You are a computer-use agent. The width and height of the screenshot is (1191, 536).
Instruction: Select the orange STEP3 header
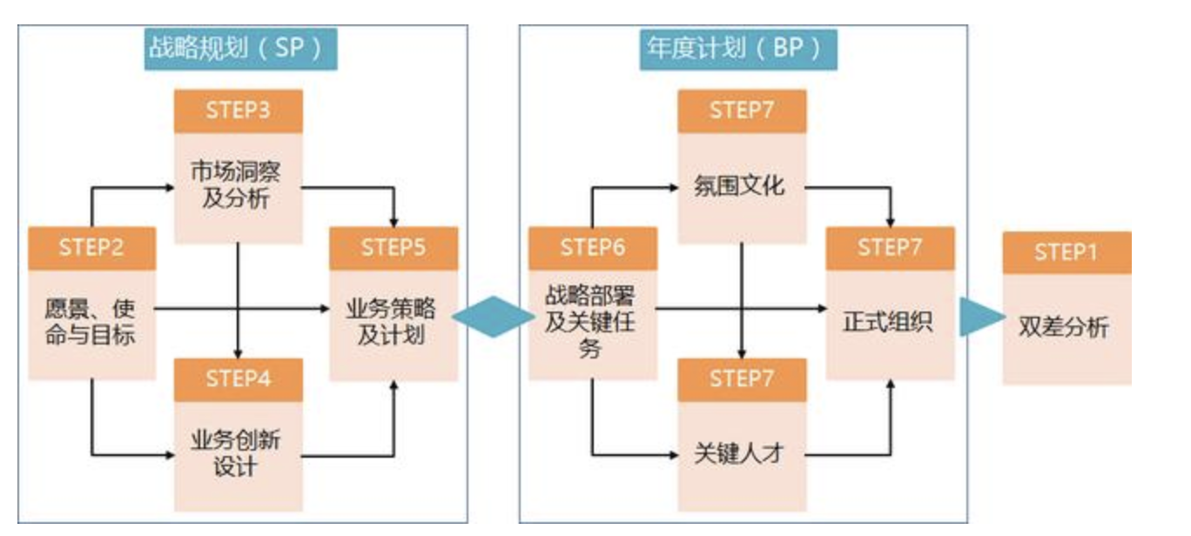coord(238,111)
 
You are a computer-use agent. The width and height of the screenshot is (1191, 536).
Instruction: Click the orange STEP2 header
coord(91,247)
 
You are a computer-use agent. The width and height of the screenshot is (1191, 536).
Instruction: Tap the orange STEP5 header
coord(394,247)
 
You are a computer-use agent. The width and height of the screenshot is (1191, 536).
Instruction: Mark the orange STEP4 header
coord(238,379)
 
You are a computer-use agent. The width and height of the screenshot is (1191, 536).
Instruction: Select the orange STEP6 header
coord(593,247)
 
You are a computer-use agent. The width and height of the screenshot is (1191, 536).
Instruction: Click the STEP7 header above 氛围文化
coord(742,111)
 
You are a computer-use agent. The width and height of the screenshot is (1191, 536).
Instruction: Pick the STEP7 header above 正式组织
coord(890,247)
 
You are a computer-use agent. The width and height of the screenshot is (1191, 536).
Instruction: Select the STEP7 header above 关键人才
coord(742,379)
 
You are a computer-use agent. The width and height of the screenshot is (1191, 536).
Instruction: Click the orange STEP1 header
coord(1067,252)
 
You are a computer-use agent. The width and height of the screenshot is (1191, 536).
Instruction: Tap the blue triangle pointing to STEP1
coord(980,315)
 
